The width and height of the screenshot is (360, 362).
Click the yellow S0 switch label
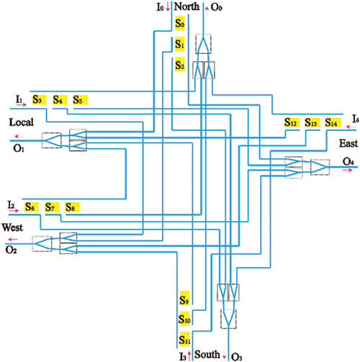tap(180, 23)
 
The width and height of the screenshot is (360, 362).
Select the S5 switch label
tap(80, 100)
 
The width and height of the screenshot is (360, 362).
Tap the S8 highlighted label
tap(73, 207)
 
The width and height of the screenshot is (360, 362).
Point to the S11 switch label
tap(184, 340)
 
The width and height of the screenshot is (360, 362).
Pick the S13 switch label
tap(311, 122)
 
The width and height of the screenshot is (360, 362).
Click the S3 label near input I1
tap(39, 99)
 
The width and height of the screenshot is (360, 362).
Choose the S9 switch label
tap(184, 299)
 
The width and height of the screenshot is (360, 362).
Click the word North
tap(186, 6)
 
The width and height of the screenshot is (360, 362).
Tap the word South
tap(207, 354)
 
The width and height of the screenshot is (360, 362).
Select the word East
tap(348, 143)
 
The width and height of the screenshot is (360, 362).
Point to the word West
tap(12, 227)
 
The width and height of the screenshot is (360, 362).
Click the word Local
tap(22, 122)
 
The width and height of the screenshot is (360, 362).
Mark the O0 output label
tap(216, 7)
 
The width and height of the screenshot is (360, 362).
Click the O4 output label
tap(348, 161)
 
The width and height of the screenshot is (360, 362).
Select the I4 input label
tap(356, 119)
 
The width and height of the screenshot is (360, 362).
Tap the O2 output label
tap(12, 250)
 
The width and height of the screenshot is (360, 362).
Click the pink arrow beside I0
tap(168, 7)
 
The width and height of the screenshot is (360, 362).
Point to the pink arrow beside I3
tap(189, 356)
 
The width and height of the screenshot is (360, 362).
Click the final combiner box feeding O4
tap(320, 167)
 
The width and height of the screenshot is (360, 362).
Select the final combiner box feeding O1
tap(51, 140)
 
